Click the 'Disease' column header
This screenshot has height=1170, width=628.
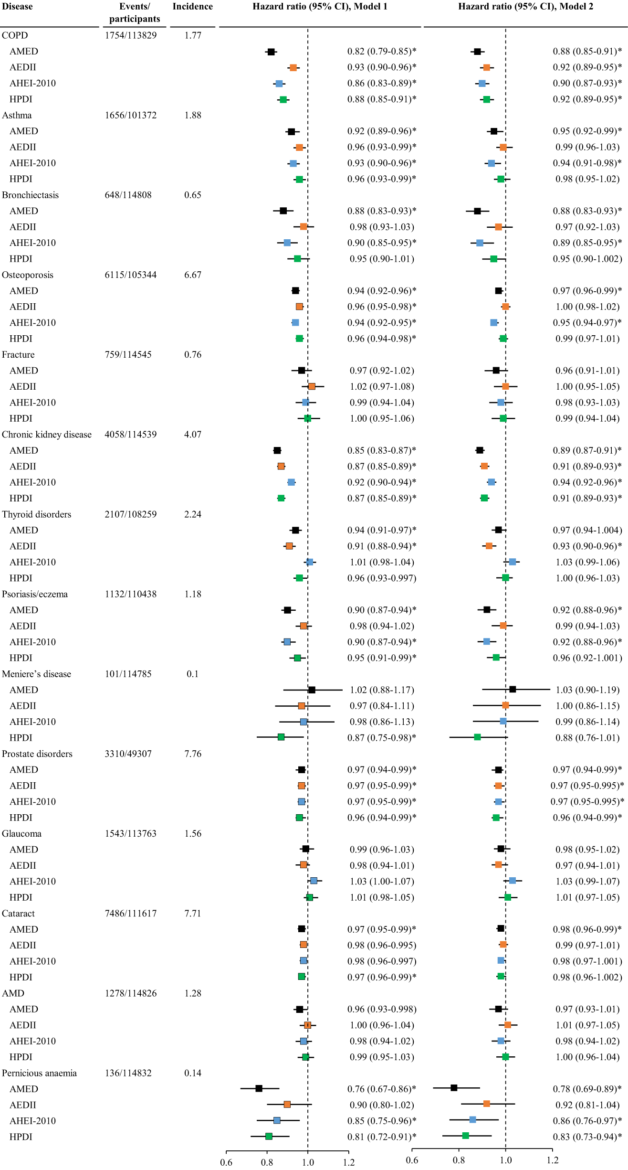[x=17, y=7]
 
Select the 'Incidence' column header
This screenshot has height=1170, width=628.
[x=192, y=7]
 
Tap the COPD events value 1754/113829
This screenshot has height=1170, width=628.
[x=130, y=35]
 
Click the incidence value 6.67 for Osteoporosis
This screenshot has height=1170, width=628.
[x=192, y=275]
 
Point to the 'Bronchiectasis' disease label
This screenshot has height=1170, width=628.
[x=30, y=195]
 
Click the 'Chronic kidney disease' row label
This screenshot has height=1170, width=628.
[x=46, y=435]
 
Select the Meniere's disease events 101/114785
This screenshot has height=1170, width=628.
[x=128, y=674]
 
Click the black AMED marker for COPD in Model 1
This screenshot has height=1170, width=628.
[x=271, y=52]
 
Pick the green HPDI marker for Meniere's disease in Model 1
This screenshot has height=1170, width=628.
[x=281, y=737]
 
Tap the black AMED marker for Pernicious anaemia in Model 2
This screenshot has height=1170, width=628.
[x=454, y=1088]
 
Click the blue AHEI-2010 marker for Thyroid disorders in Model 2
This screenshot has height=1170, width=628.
[x=512, y=562]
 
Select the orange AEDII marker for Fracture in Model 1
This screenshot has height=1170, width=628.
[x=312, y=386]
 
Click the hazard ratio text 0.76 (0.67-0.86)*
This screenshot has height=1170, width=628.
[x=381, y=1089]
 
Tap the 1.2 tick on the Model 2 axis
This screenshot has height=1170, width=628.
[x=553, y=1160]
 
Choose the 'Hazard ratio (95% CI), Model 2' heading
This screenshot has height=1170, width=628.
[x=525, y=7]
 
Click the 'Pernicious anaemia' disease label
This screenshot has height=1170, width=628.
[x=39, y=1073]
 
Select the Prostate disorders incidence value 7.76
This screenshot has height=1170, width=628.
[x=192, y=754]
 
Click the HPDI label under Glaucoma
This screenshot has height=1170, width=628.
[x=21, y=897]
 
